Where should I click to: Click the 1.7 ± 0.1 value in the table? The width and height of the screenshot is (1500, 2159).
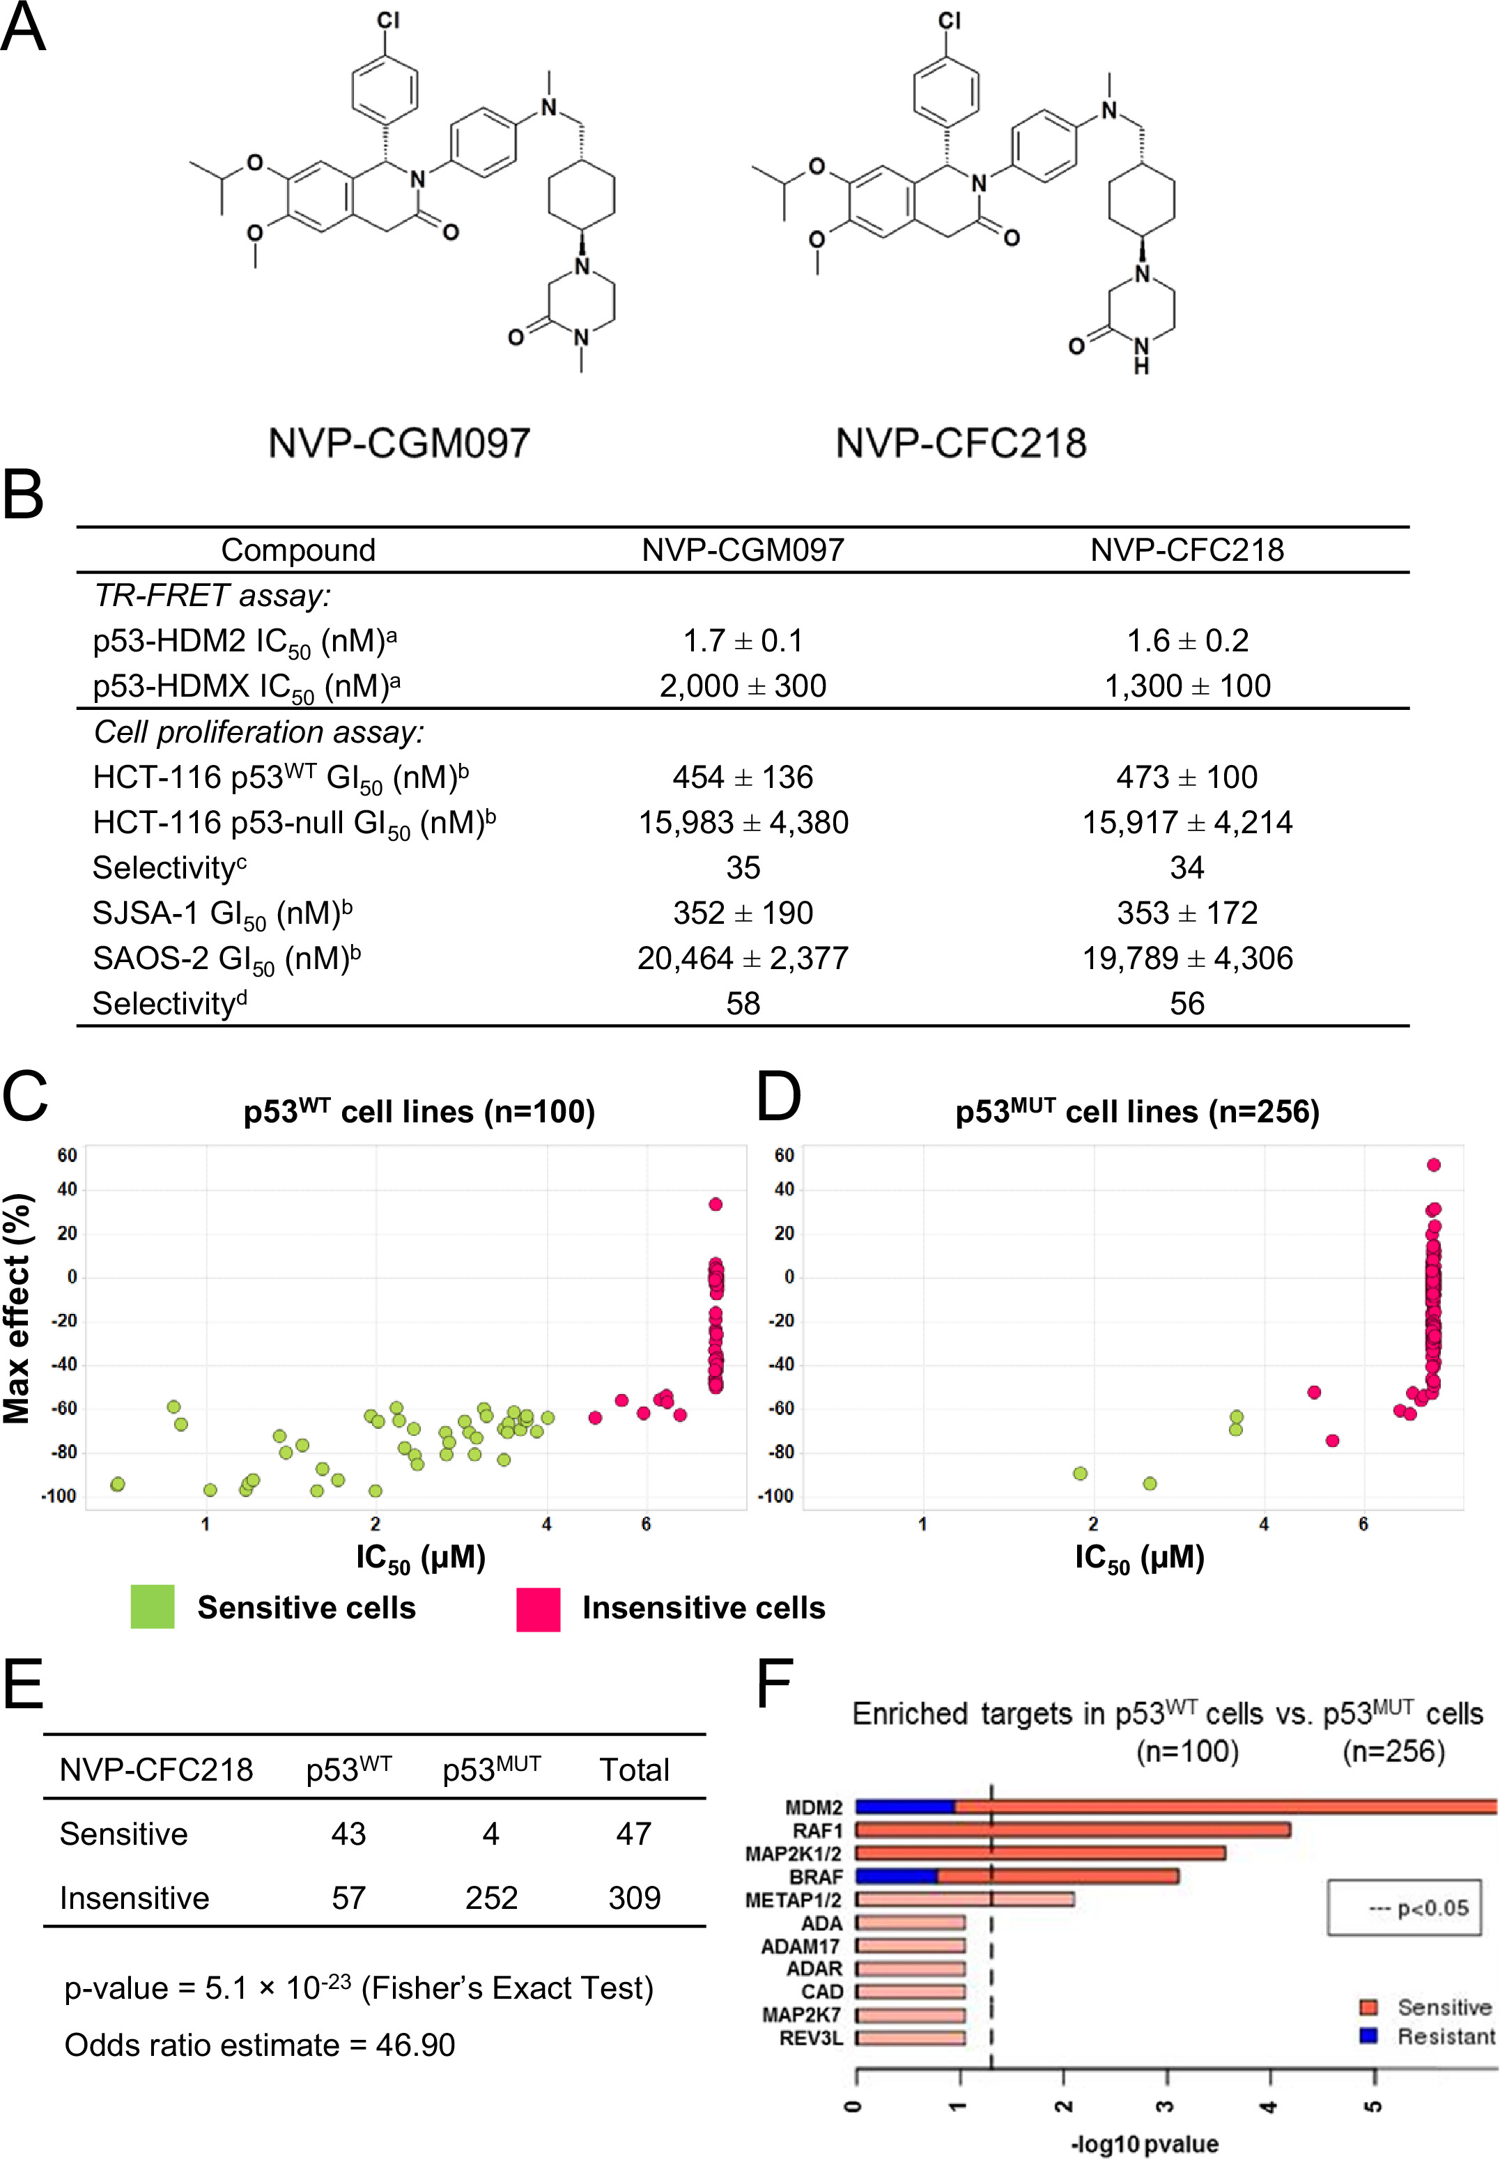click(x=743, y=641)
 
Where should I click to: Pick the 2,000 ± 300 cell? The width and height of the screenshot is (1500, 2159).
click(x=743, y=686)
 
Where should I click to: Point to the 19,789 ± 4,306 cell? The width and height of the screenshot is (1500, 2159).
click(x=1187, y=958)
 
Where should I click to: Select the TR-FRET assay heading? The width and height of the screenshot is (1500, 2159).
click(x=212, y=596)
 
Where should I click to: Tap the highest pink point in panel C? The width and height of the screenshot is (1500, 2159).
click(x=716, y=1204)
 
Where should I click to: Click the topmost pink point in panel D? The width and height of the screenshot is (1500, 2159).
click(x=1433, y=1165)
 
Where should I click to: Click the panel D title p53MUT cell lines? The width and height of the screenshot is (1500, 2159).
click(x=1137, y=1112)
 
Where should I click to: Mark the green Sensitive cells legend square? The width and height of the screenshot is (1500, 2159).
click(x=153, y=1607)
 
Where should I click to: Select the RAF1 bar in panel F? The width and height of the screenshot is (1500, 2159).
click(x=1072, y=1830)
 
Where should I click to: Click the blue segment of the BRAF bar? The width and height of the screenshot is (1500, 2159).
click(x=897, y=1876)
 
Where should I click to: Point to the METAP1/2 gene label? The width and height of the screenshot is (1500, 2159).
click(x=794, y=1900)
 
